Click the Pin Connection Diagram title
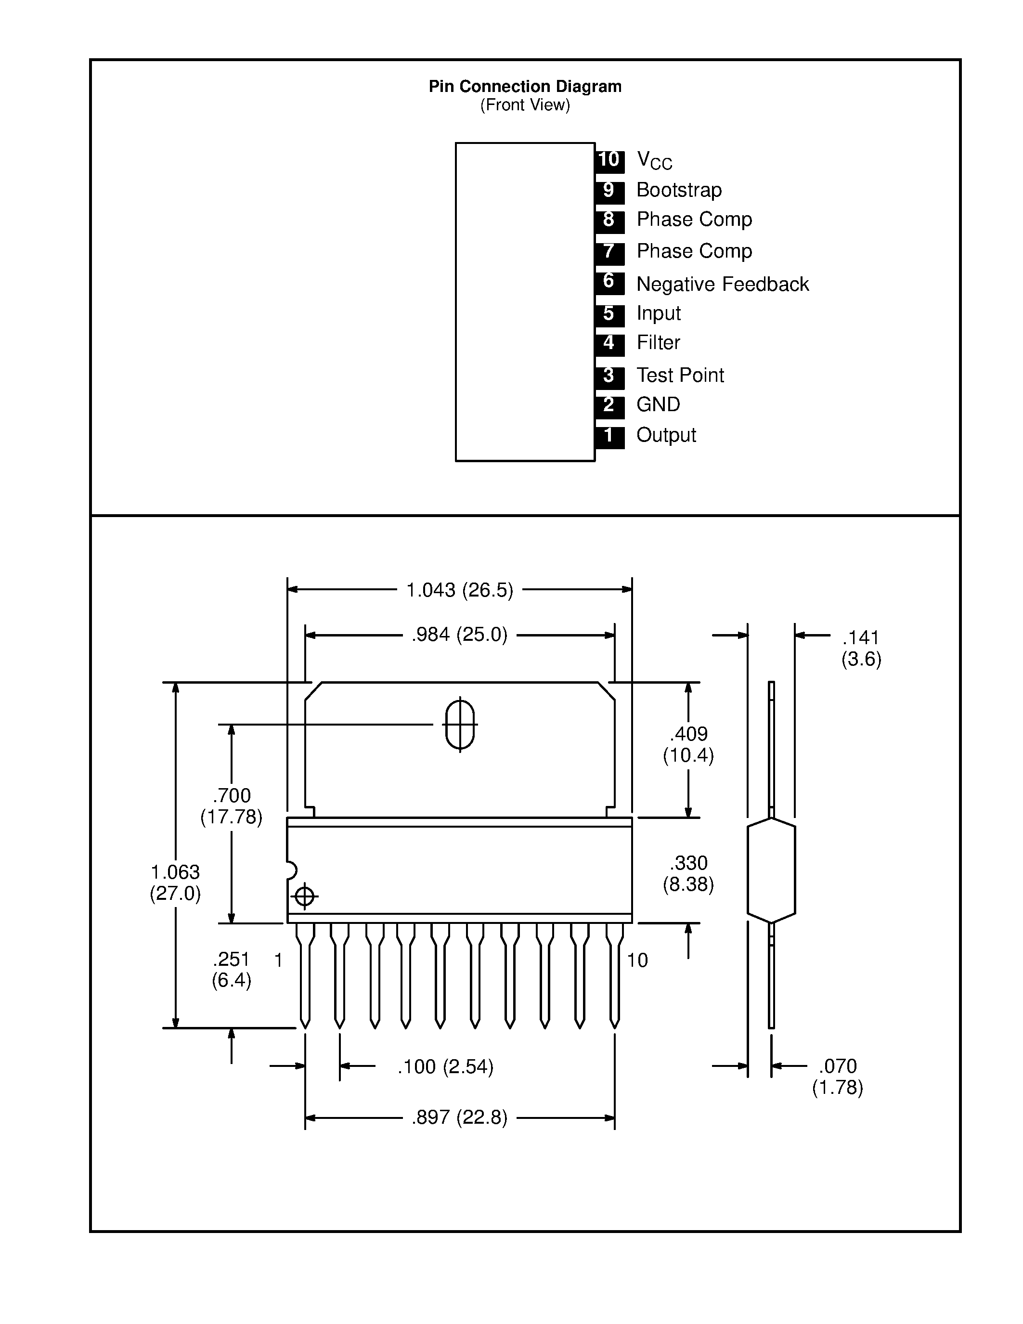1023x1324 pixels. pyautogui.click(x=525, y=87)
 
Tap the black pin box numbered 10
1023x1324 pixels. pyautogui.click(x=609, y=161)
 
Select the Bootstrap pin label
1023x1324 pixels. pyautogui.click(x=679, y=190)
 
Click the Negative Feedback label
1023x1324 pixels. pyautogui.click(x=723, y=285)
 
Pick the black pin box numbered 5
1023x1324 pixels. pyautogui.click(x=609, y=315)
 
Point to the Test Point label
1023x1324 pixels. pyautogui.click(x=680, y=375)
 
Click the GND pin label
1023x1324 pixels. pyautogui.click(x=658, y=404)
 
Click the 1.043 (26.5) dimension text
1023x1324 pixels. pyautogui.click(x=459, y=590)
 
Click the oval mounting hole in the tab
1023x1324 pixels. pyautogui.click(x=460, y=725)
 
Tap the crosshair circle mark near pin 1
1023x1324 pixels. pyautogui.click(x=304, y=896)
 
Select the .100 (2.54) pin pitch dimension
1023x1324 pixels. pyautogui.click(x=445, y=1083)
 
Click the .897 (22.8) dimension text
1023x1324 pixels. pyautogui.click(x=459, y=1134)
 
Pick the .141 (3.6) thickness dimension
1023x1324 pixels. pyautogui.click(x=861, y=648)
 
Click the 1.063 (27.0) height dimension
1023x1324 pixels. pyautogui.click(x=175, y=882)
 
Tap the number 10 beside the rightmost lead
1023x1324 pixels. pyautogui.click(x=637, y=961)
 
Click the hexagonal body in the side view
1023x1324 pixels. pyautogui.click(x=772, y=870)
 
